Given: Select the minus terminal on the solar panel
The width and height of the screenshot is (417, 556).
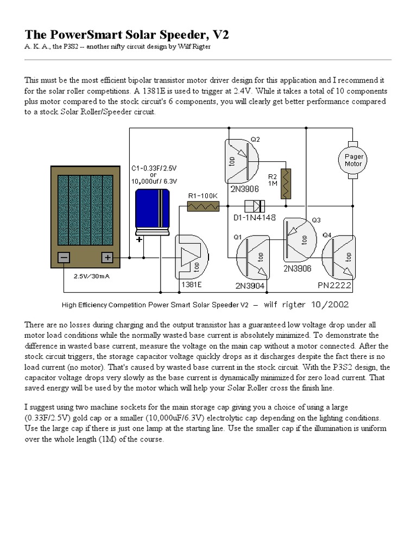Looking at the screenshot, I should [x=64, y=257].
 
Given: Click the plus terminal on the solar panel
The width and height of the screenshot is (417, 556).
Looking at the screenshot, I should [x=107, y=257].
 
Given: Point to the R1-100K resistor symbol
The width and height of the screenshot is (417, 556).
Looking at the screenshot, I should [x=203, y=206].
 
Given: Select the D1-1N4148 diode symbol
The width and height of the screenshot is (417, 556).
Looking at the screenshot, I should [x=254, y=206].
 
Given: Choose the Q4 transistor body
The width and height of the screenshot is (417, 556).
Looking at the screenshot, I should [x=339, y=257].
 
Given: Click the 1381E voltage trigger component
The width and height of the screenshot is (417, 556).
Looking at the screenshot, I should [x=193, y=257].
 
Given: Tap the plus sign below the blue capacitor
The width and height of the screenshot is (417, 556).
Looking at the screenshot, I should [x=140, y=239].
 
